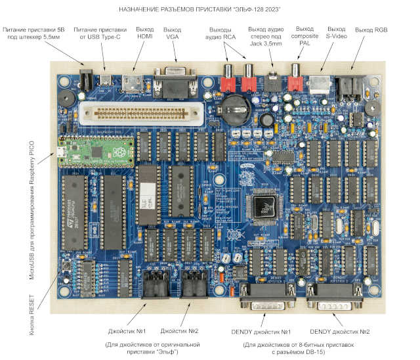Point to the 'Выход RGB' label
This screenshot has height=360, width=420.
[371, 30]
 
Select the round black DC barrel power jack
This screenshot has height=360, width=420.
[85, 78]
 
